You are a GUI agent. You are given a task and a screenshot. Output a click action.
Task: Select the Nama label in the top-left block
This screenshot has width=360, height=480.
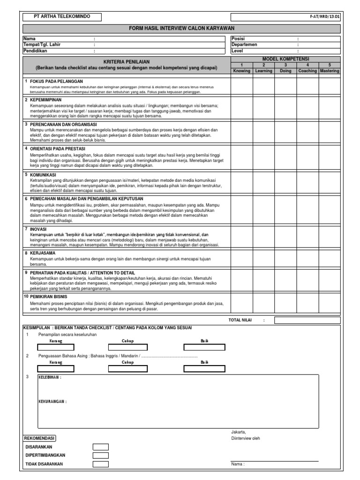coord(30,38)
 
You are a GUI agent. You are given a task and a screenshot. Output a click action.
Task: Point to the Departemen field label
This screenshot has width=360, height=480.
coord(245,45)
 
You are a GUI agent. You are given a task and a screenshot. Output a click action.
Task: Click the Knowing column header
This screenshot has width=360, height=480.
coord(241,71)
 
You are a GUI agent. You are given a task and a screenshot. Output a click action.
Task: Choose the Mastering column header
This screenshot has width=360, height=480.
coord(329,71)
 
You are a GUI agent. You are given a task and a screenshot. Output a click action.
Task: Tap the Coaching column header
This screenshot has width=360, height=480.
coord(307,71)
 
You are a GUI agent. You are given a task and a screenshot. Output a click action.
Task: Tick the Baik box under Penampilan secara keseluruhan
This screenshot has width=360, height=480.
coord(204,347)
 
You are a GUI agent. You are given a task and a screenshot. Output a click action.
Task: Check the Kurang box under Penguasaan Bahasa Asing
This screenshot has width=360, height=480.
coord(55,368)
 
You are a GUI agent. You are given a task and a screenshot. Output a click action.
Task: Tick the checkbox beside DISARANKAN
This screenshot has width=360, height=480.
coord(100,447)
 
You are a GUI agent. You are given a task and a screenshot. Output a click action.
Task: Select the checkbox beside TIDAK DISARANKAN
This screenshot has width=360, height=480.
coord(100,464)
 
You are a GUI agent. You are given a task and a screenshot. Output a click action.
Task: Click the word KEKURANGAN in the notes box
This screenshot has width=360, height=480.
coord(52,402)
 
